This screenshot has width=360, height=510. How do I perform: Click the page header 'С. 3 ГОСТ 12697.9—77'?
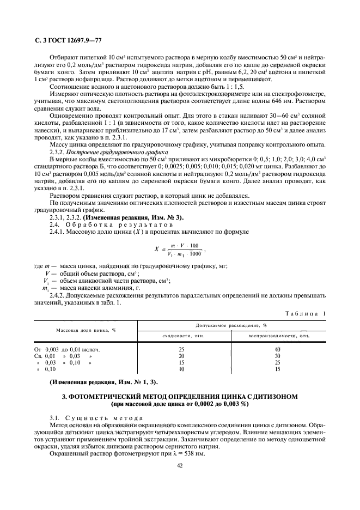coord(60,40)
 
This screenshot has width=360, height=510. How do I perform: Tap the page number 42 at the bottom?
coord(180,465)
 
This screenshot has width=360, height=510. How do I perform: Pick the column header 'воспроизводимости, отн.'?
coord(279,336)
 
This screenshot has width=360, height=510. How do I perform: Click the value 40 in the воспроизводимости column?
coord(278,349)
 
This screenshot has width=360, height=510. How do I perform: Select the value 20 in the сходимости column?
coord(182,355)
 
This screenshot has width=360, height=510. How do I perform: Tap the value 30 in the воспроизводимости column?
coord(278,355)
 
